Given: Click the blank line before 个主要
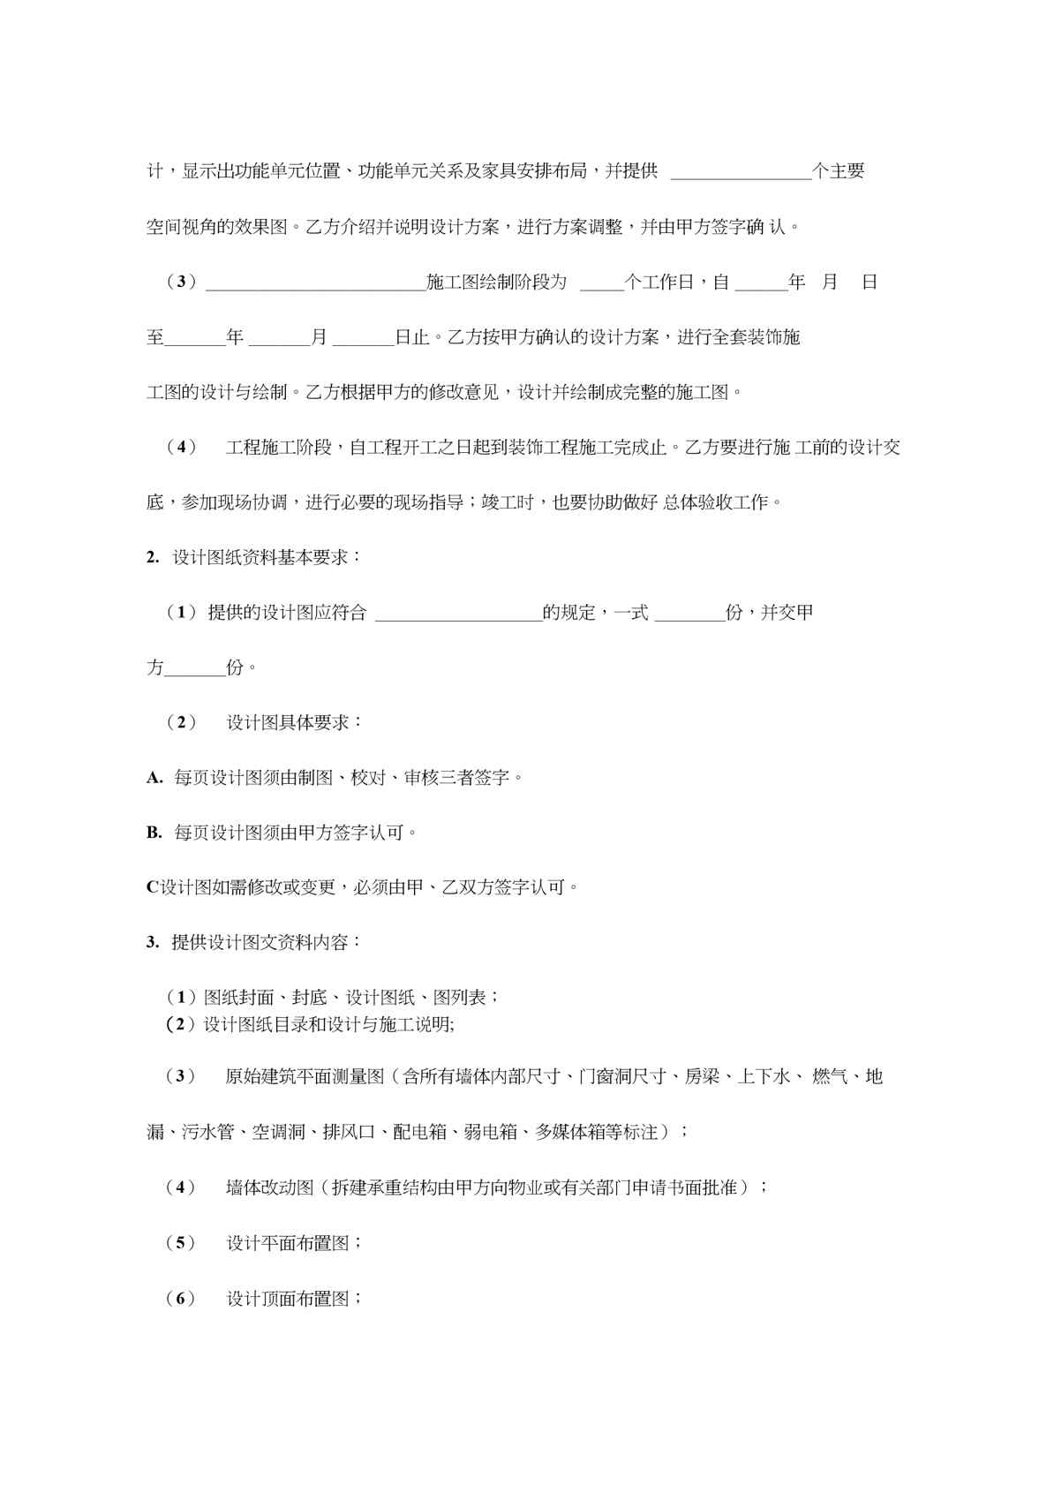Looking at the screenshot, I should coord(741,174).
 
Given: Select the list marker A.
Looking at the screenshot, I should coord(154,778).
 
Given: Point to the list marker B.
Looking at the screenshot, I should coord(154,833).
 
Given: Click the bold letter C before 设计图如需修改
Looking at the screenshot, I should coord(152,887).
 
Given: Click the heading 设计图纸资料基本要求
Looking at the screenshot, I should coord(266,557).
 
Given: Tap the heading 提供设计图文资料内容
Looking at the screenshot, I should coord(266,942).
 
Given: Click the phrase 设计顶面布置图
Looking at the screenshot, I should coord(289,1299).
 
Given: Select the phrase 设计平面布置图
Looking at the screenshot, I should coord(289,1243).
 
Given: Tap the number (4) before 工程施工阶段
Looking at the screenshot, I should coord(181,447).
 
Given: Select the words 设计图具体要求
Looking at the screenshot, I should coord(289,722).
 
